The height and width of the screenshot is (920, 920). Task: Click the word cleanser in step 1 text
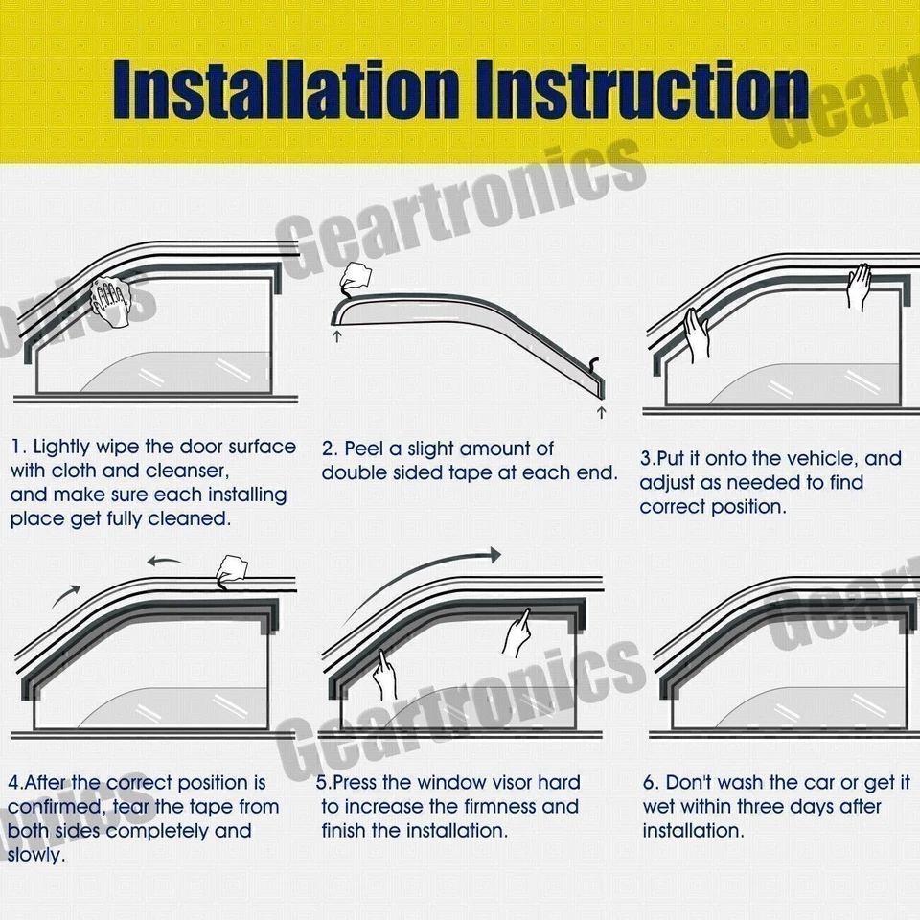click(x=187, y=471)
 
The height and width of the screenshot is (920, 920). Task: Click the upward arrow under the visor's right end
click(x=601, y=412)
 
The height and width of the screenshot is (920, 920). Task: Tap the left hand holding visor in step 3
click(x=695, y=334)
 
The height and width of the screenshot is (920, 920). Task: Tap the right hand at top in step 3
click(x=860, y=285)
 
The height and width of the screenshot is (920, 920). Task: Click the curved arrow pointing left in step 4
click(x=169, y=562)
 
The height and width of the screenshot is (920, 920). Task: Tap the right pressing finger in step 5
click(x=517, y=632)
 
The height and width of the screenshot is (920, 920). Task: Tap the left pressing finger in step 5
click(x=384, y=674)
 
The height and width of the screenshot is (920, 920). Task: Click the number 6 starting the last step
click(x=648, y=783)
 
